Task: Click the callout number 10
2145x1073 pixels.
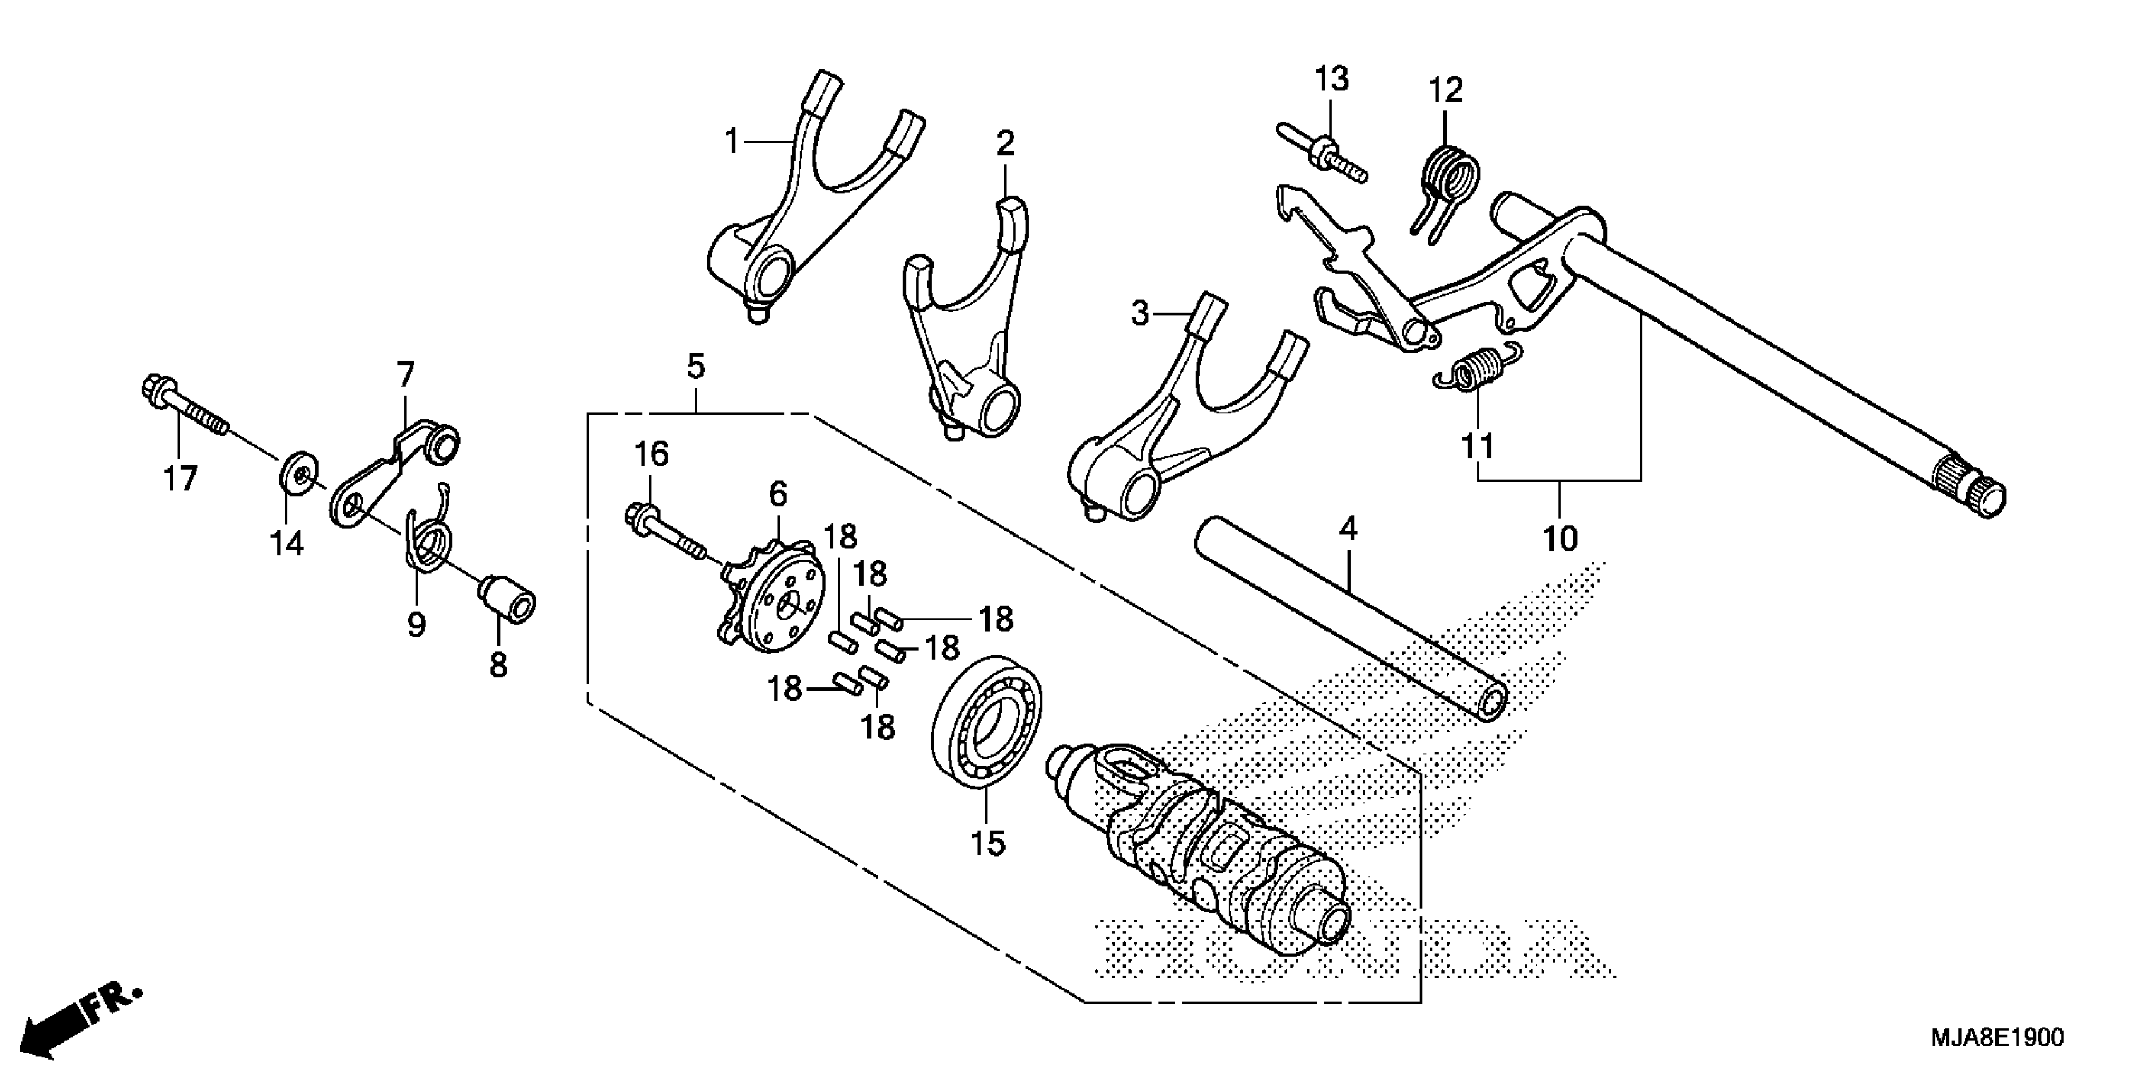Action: (1560, 539)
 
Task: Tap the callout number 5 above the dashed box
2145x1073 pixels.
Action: (696, 367)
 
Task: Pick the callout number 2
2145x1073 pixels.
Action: (1006, 143)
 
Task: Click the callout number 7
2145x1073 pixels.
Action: (404, 375)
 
